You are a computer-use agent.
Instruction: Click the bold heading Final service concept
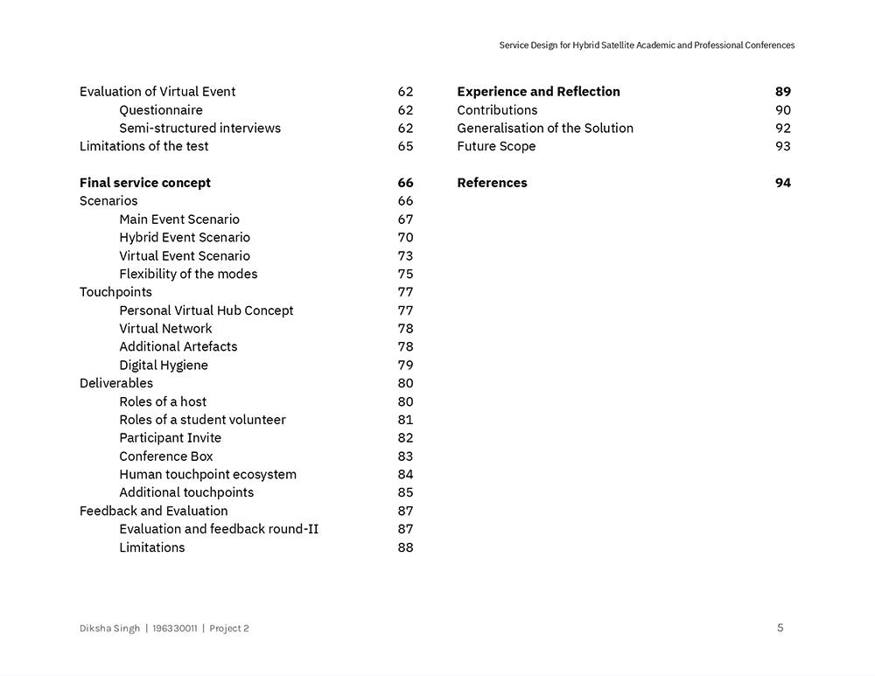pyautogui.click(x=145, y=183)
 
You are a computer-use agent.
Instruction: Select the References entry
pyautogui.click(x=492, y=183)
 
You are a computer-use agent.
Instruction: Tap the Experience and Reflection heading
pyautogui.click(x=538, y=92)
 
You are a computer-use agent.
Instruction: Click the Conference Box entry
pyautogui.click(x=166, y=456)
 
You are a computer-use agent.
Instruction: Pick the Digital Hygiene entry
pyautogui.click(x=164, y=366)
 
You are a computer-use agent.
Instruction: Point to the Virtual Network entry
pyautogui.click(x=165, y=329)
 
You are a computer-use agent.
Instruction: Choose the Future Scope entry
pyautogui.click(x=496, y=146)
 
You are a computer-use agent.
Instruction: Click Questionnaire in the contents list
pyautogui.click(x=161, y=110)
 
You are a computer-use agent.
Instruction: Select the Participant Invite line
pyautogui.click(x=171, y=438)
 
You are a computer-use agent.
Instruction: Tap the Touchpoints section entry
pyautogui.click(x=115, y=292)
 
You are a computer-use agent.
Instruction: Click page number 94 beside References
pyautogui.click(x=783, y=183)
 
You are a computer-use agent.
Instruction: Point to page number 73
pyautogui.click(x=405, y=256)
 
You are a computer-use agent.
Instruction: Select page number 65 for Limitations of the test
pyautogui.click(x=405, y=146)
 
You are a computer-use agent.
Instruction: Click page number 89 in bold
pyautogui.click(x=783, y=92)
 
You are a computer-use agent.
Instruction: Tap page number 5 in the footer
pyautogui.click(x=780, y=628)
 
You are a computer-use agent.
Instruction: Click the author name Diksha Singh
pyautogui.click(x=109, y=629)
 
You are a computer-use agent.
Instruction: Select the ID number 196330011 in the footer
pyautogui.click(x=175, y=629)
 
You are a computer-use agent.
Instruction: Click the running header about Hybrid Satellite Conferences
pyautogui.click(x=647, y=45)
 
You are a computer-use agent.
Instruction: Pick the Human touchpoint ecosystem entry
pyautogui.click(x=208, y=475)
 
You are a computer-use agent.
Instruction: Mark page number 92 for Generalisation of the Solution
pyautogui.click(x=783, y=129)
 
